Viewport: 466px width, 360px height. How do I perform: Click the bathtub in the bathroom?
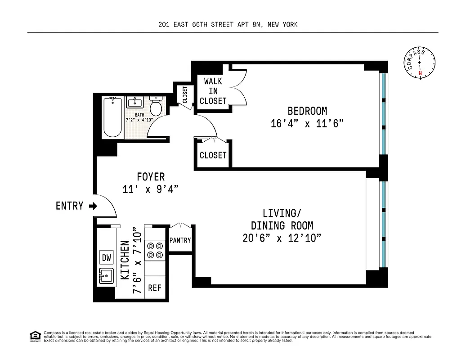(x=113, y=117)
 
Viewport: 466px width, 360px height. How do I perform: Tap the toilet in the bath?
(x=156, y=106)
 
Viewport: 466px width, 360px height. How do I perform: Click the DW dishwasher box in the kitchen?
(x=107, y=257)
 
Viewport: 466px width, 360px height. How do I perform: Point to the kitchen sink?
(x=107, y=275)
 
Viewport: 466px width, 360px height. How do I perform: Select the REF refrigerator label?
(x=154, y=288)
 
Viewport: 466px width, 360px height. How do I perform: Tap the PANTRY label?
(x=180, y=241)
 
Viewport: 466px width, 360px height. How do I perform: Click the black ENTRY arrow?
(x=93, y=206)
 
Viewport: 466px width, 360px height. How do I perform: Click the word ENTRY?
(x=69, y=206)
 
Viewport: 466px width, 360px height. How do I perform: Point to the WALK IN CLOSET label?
(x=213, y=91)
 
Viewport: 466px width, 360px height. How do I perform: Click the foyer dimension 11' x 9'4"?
(x=151, y=189)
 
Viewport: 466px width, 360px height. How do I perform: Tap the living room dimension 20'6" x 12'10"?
(x=282, y=238)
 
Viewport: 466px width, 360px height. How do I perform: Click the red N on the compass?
(x=421, y=73)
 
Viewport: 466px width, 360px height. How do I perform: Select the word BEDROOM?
(x=307, y=111)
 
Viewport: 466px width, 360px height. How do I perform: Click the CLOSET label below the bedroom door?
(x=213, y=155)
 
